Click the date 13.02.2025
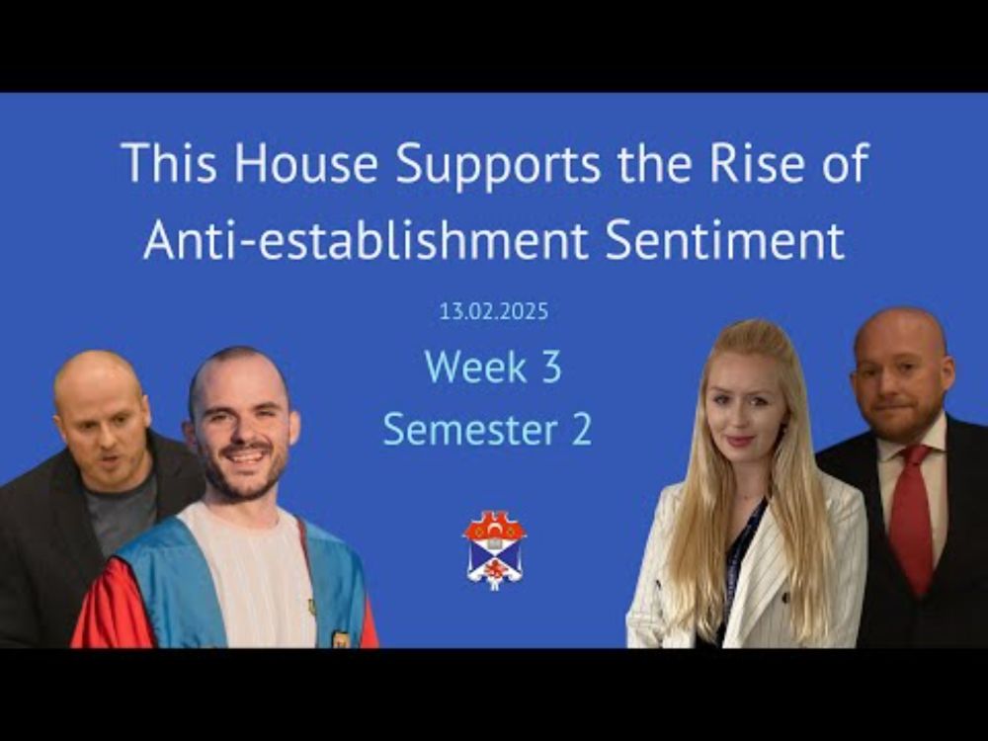[494, 311]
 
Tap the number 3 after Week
[550, 367]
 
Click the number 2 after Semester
[582, 430]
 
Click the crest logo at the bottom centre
[495, 550]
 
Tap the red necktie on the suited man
[911, 517]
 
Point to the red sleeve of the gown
[114, 605]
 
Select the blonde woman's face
[745, 410]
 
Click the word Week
[476, 367]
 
